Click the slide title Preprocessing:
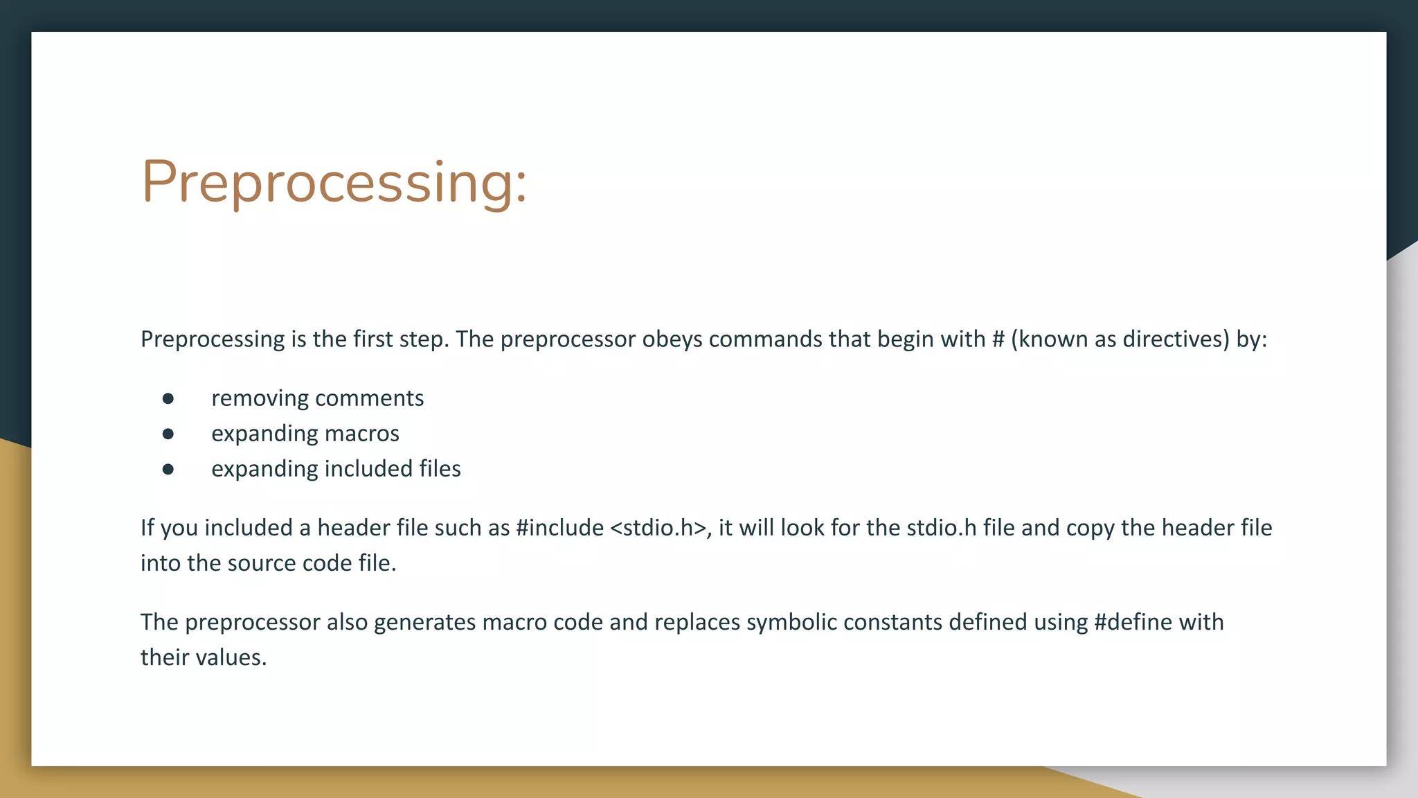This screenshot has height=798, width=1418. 334,181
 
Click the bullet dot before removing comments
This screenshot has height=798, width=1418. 168,398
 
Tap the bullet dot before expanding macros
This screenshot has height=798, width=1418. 168,434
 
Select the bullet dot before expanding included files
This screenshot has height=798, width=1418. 168,469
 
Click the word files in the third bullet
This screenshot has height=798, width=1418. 440,469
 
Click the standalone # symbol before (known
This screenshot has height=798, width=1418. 998,339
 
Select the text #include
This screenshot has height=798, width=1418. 559,528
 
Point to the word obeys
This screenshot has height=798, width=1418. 672,339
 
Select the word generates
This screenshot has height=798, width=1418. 424,622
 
